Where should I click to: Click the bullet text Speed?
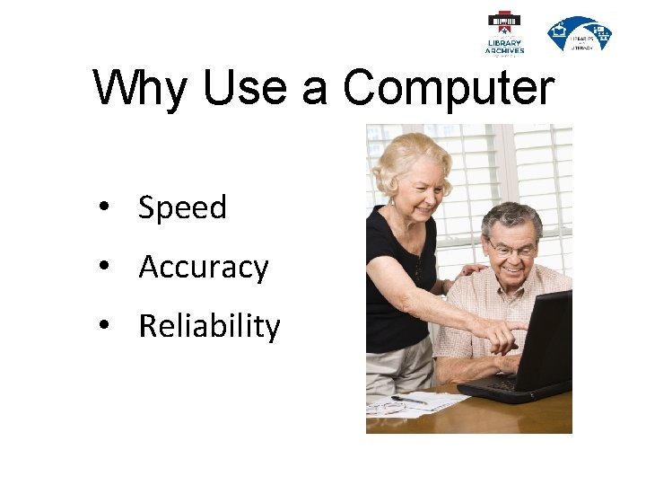point(182,208)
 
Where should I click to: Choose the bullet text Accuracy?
point(203,268)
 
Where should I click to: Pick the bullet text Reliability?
point(209,326)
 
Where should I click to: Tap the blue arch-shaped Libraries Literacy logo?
point(580,33)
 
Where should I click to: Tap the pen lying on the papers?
point(408,401)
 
